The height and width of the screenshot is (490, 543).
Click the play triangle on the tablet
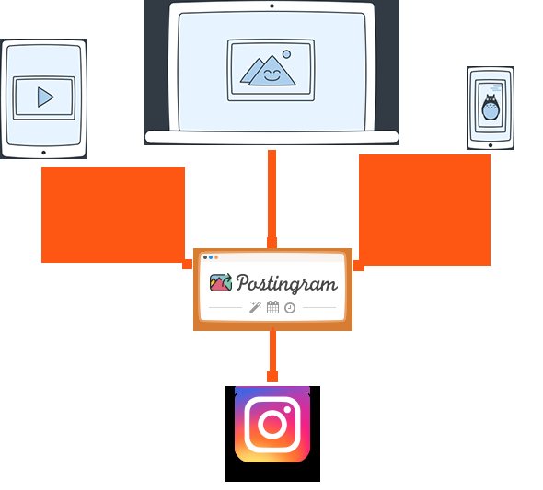(x=45, y=97)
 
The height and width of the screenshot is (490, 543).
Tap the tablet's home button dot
(x=43, y=153)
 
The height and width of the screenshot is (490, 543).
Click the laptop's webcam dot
(x=271, y=6)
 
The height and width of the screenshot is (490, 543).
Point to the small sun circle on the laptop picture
(x=286, y=54)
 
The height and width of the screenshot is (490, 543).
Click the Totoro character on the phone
(x=491, y=107)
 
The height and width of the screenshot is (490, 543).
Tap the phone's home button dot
(x=491, y=145)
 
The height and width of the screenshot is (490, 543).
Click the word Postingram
(x=287, y=283)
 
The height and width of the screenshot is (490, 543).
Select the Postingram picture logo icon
(x=221, y=282)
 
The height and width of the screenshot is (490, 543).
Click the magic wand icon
(x=255, y=307)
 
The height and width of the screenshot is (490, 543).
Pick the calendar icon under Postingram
(x=273, y=307)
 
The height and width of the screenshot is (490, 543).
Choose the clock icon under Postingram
(x=290, y=308)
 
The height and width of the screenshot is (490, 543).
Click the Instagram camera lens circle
(x=272, y=425)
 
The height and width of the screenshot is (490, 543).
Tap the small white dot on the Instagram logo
(x=287, y=409)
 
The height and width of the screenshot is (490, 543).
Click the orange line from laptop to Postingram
(x=271, y=199)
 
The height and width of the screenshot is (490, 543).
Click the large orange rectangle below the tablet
(x=113, y=215)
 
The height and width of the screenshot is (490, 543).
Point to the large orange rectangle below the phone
(x=425, y=211)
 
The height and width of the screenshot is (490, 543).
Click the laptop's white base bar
(x=271, y=137)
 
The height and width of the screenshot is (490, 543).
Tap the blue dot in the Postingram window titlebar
(x=211, y=257)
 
